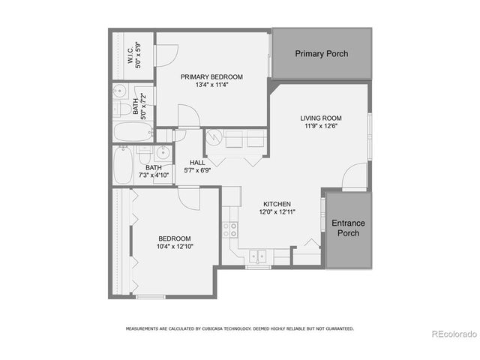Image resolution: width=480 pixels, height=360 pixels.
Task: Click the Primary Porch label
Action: [x=321, y=54]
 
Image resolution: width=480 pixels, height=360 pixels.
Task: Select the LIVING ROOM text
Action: [x=321, y=118]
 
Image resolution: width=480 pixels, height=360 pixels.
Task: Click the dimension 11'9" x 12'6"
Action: [x=321, y=127]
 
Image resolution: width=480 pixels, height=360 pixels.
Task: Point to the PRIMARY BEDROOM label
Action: [x=211, y=76]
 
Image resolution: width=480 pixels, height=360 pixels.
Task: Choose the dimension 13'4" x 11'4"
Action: [x=211, y=85]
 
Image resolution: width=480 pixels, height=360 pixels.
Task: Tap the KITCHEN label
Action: [x=277, y=204]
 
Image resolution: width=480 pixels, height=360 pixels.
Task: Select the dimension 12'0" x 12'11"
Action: [x=277, y=212]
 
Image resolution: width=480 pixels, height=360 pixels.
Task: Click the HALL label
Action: [x=197, y=162]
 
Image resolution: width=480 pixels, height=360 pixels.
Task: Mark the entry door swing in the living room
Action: [x=352, y=178]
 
